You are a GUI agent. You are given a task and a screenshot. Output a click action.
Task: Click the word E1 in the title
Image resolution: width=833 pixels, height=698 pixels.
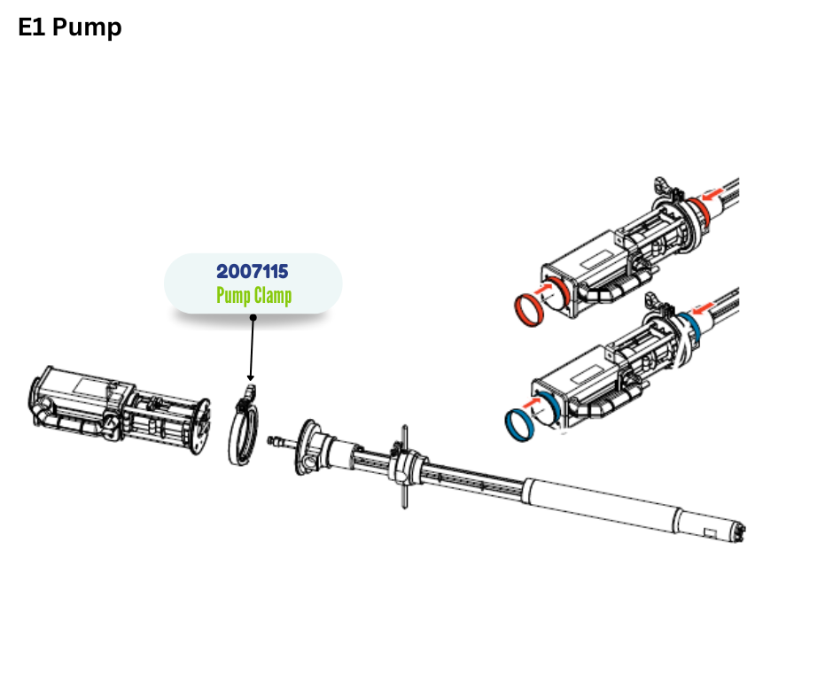pyautogui.click(x=31, y=27)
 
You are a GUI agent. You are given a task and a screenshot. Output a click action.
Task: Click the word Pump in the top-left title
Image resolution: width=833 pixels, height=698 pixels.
pyautogui.click(x=87, y=28)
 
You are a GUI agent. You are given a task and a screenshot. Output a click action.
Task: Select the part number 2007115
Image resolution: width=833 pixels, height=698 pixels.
pyautogui.click(x=253, y=271)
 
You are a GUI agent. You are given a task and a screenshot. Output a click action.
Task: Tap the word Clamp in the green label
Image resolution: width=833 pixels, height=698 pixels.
pyautogui.click(x=273, y=296)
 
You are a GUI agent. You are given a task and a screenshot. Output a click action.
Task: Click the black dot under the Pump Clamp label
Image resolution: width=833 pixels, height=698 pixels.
pyautogui.click(x=253, y=318)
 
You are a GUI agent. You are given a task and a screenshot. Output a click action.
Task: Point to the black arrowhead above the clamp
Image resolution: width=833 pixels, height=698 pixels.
pyautogui.click(x=250, y=377)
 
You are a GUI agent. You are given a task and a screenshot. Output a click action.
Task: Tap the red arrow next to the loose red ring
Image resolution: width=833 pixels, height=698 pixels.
pyautogui.click(x=542, y=290)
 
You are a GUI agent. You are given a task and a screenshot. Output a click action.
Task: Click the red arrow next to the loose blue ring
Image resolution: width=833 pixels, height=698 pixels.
pyautogui.click(x=531, y=403)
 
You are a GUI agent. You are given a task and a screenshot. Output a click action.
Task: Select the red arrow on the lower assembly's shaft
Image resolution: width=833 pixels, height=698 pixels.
pyautogui.click(x=704, y=308)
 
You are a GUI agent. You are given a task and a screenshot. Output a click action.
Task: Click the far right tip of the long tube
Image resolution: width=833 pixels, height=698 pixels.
pyautogui.click(x=746, y=532)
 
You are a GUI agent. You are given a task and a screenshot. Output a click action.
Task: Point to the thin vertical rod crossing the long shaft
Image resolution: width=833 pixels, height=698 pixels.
pyautogui.click(x=405, y=467)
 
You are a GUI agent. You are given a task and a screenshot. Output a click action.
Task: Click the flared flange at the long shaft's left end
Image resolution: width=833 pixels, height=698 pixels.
pyautogui.click(x=308, y=446)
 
